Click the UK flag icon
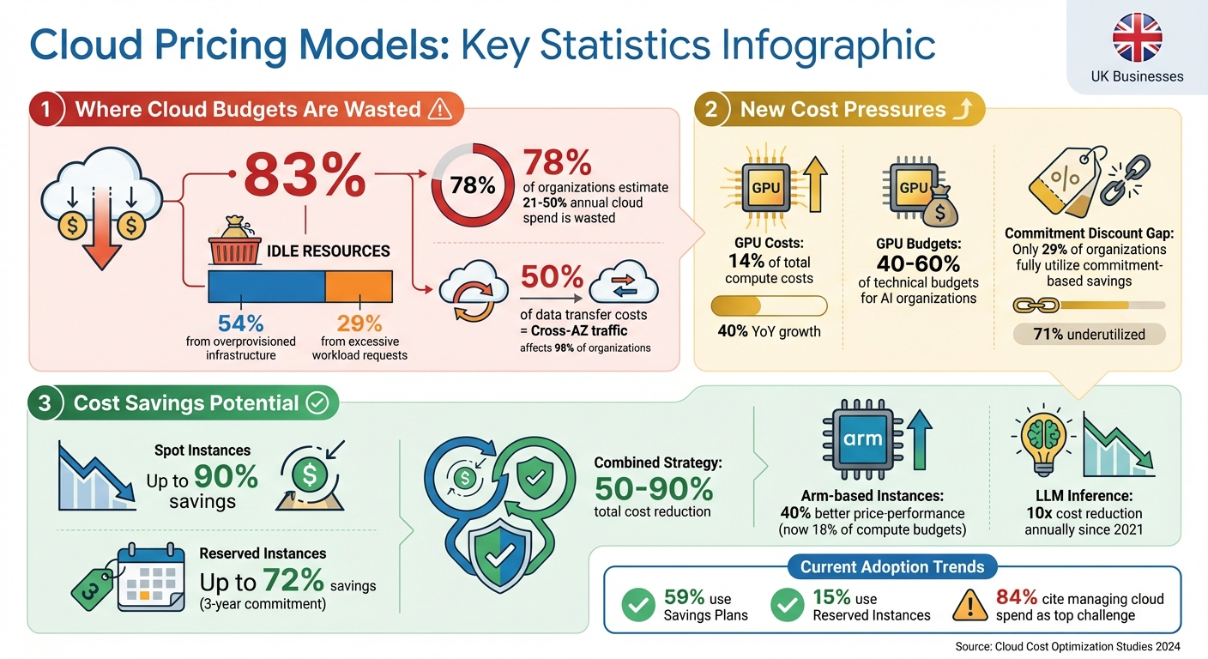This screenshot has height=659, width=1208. pos(1137,37)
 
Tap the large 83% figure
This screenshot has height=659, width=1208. pos(305,175)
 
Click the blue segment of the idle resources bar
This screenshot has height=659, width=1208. pos(267,285)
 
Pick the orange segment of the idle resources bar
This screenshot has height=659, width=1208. pos(359,285)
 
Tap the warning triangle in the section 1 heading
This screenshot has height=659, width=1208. pos(439,109)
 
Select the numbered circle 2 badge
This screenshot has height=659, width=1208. pos(711,110)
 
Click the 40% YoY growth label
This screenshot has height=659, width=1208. pos(769,331)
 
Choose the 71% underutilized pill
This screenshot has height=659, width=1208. pos(1089,334)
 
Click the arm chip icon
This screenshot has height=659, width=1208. pos(863,439)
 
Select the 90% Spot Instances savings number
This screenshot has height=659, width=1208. pos(226,476)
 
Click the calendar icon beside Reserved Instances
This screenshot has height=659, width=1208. pos(151,576)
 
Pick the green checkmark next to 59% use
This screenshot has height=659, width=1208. pos(637,605)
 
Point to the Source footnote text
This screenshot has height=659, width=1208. pos(1067,646)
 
